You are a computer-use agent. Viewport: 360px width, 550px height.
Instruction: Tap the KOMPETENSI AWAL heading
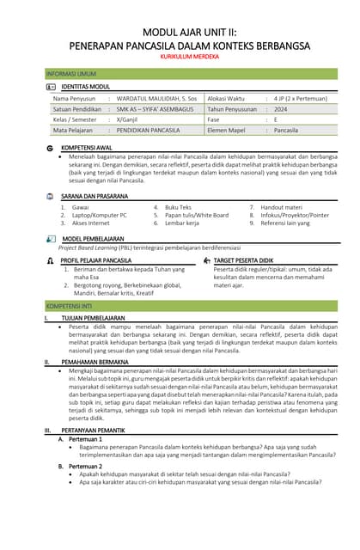(88, 148)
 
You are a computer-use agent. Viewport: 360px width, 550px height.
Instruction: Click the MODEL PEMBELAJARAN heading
(93, 239)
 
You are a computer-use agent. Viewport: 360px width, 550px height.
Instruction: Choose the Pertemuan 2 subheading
(87, 465)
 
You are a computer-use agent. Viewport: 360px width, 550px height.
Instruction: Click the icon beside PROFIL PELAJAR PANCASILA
(51, 260)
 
